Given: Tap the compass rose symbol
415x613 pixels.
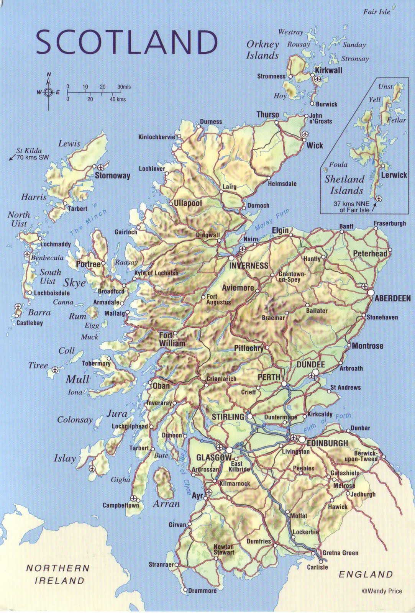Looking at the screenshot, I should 48,92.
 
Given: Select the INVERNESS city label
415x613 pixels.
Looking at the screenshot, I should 248,266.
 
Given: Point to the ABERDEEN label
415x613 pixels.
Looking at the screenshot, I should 392,298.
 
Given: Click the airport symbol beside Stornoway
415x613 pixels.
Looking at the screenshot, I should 101,167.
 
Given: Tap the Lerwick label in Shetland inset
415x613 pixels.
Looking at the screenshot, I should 394,175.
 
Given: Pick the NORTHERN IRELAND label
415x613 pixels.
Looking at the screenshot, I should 58,574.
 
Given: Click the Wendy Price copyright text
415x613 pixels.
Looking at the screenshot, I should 382,591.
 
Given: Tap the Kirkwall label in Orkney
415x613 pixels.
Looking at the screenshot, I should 328,70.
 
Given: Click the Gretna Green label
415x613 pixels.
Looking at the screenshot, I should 340,553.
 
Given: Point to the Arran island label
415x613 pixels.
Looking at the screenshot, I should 166,504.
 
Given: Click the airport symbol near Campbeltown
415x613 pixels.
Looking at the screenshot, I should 133,498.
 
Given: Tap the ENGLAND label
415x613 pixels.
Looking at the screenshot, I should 366,574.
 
